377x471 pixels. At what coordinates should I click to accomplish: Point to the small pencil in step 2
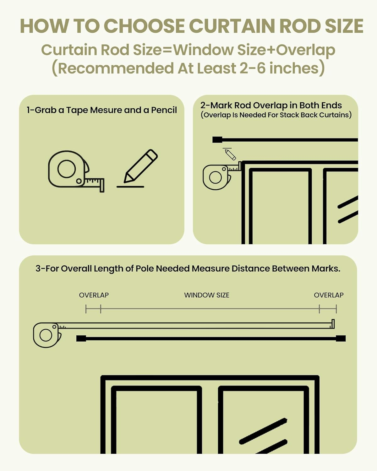coord(230,154)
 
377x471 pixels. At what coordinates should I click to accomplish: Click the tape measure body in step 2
coord(216,177)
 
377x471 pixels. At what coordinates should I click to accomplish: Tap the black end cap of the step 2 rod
coord(217,140)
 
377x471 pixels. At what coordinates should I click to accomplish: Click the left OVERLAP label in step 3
coord(94,295)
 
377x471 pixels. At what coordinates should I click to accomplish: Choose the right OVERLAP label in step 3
coord(329,295)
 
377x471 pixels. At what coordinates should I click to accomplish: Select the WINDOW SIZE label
coord(207,295)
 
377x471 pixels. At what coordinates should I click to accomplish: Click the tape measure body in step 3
coord(46,335)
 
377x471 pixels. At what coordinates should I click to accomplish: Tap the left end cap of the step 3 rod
coord(81,338)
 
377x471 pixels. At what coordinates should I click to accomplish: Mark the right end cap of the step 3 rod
coord(341,338)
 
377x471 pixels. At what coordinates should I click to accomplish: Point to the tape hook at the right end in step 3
coord(333,324)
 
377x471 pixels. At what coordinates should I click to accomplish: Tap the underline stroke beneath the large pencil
coord(130,187)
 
